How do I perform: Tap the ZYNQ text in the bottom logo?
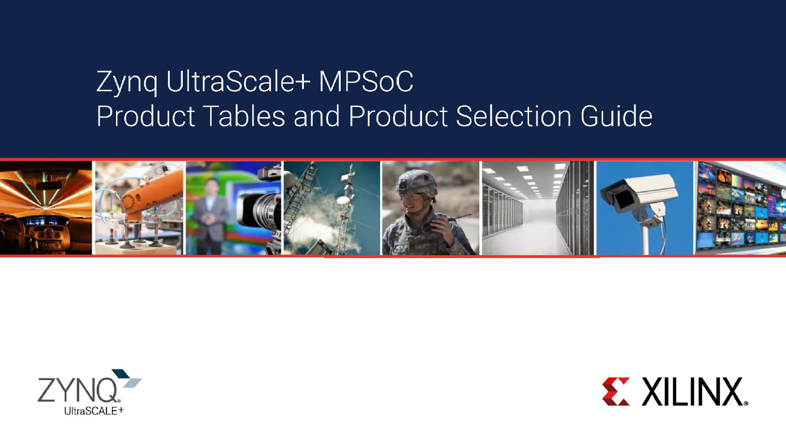pos(77,390)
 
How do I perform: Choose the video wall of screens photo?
pos(740,208)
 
